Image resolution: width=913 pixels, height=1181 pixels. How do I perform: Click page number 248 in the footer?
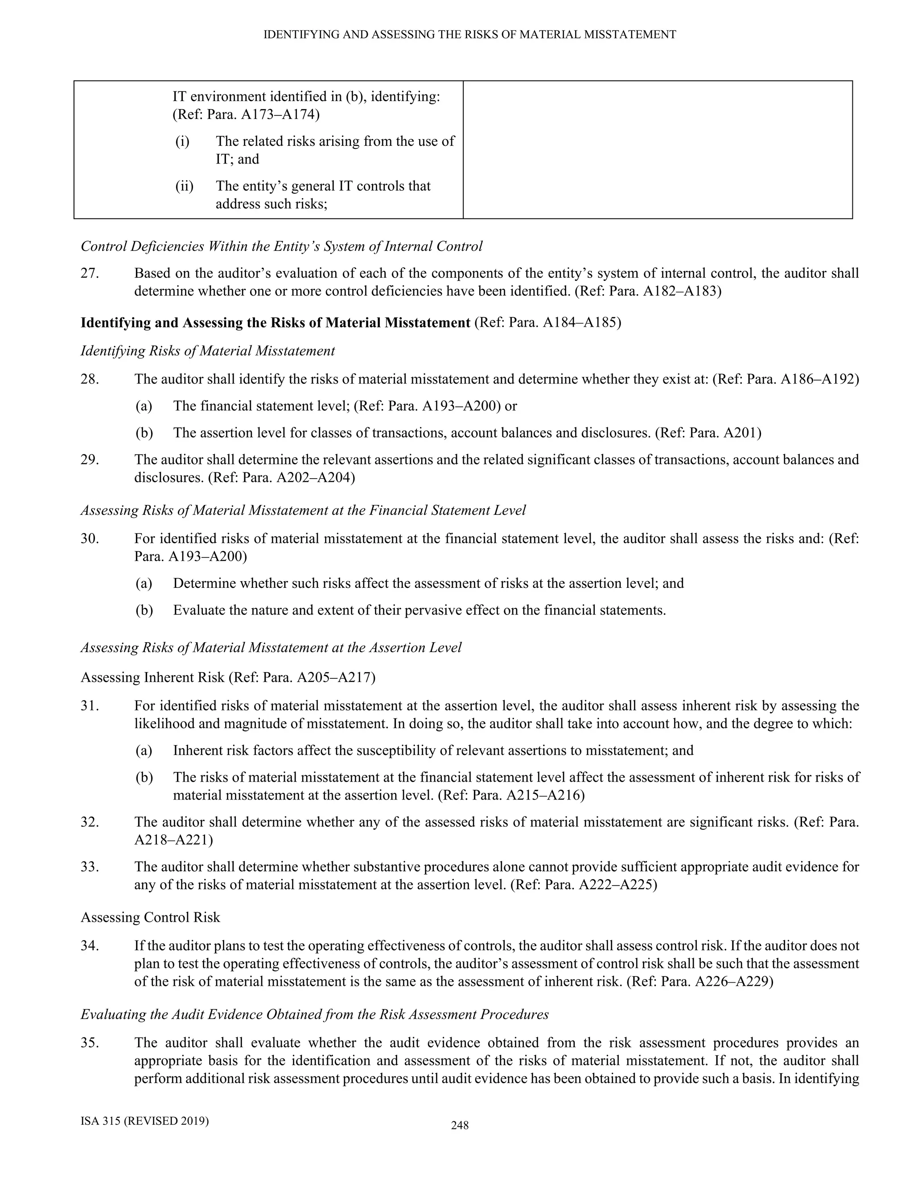click(459, 1125)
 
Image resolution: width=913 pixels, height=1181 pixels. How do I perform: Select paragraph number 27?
click(90, 273)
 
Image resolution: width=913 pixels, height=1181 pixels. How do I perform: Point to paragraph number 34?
click(90, 946)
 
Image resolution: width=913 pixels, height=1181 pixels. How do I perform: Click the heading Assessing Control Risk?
click(150, 917)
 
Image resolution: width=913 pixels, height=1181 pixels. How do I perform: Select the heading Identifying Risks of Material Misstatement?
click(208, 351)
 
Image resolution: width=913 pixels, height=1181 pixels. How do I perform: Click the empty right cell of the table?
click(657, 150)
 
